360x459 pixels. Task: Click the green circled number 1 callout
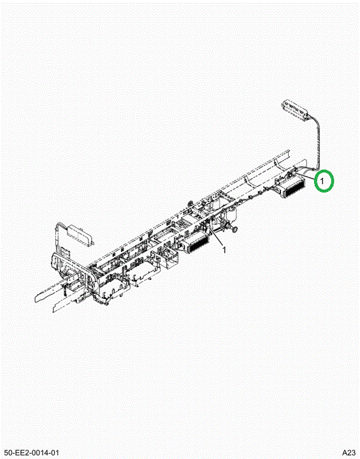point(324,181)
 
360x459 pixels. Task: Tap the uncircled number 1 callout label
point(224,250)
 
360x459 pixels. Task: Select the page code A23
point(349,453)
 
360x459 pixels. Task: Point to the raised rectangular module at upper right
point(296,110)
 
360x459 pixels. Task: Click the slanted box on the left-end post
point(80,234)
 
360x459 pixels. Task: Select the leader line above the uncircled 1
point(216,237)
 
